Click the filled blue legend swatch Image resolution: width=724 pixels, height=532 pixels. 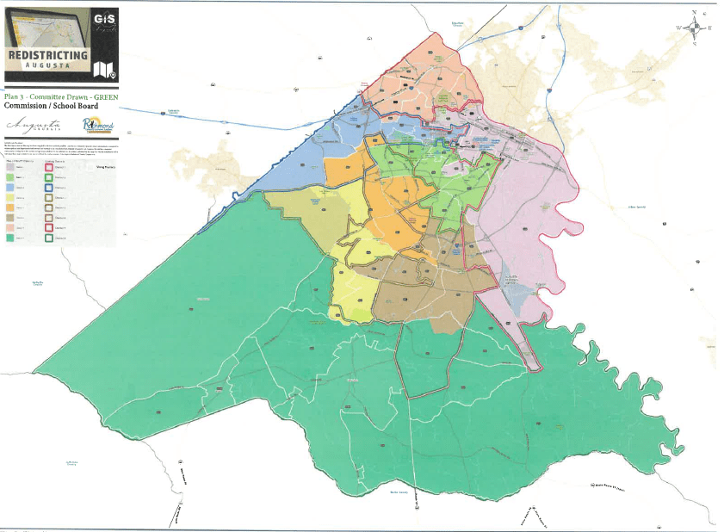pos(9,188)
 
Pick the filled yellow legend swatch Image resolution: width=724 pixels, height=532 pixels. pos(9,198)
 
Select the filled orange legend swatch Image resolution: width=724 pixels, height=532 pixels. pos(9,208)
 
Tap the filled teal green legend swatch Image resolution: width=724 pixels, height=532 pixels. pos(9,239)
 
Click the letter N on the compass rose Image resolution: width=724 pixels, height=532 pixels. pos(694,12)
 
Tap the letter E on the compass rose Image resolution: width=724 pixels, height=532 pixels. pos(710,28)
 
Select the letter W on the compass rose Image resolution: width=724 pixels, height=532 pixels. pos(678,28)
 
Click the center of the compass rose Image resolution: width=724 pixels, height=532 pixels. pos(694,28)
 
